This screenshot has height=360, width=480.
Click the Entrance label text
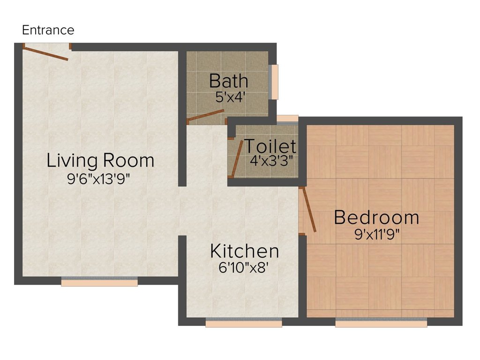(x=48, y=30)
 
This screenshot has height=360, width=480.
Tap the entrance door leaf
(x=46, y=53)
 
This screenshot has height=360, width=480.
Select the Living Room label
(x=100, y=160)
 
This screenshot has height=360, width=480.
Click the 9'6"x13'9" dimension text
(x=100, y=178)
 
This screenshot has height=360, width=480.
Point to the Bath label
(x=228, y=81)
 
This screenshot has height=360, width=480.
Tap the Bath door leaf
(x=205, y=116)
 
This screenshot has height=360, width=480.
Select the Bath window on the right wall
(x=275, y=82)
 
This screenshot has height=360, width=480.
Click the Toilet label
(x=270, y=146)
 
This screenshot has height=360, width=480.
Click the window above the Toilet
(x=287, y=119)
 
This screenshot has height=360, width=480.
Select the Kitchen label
(x=244, y=251)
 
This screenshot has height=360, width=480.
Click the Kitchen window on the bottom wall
(x=243, y=322)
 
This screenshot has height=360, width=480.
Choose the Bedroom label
(x=376, y=217)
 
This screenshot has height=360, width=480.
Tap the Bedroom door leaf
(x=309, y=210)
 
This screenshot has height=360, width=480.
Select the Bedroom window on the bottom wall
(x=381, y=322)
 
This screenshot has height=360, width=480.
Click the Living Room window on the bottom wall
(x=99, y=282)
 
